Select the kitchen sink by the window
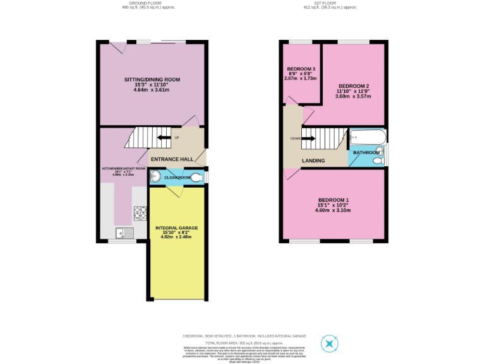[126, 233]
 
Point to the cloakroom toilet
[198, 178]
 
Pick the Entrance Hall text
[173, 159]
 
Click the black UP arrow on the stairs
[163, 138]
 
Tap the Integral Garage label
[177, 227]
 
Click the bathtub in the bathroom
[367, 137]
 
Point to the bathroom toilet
[378, 161]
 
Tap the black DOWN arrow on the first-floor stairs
[309, 138]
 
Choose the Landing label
[313, 161]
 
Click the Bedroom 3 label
[301, 69]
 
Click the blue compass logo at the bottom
[330, 344]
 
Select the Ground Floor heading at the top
[150, 3]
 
